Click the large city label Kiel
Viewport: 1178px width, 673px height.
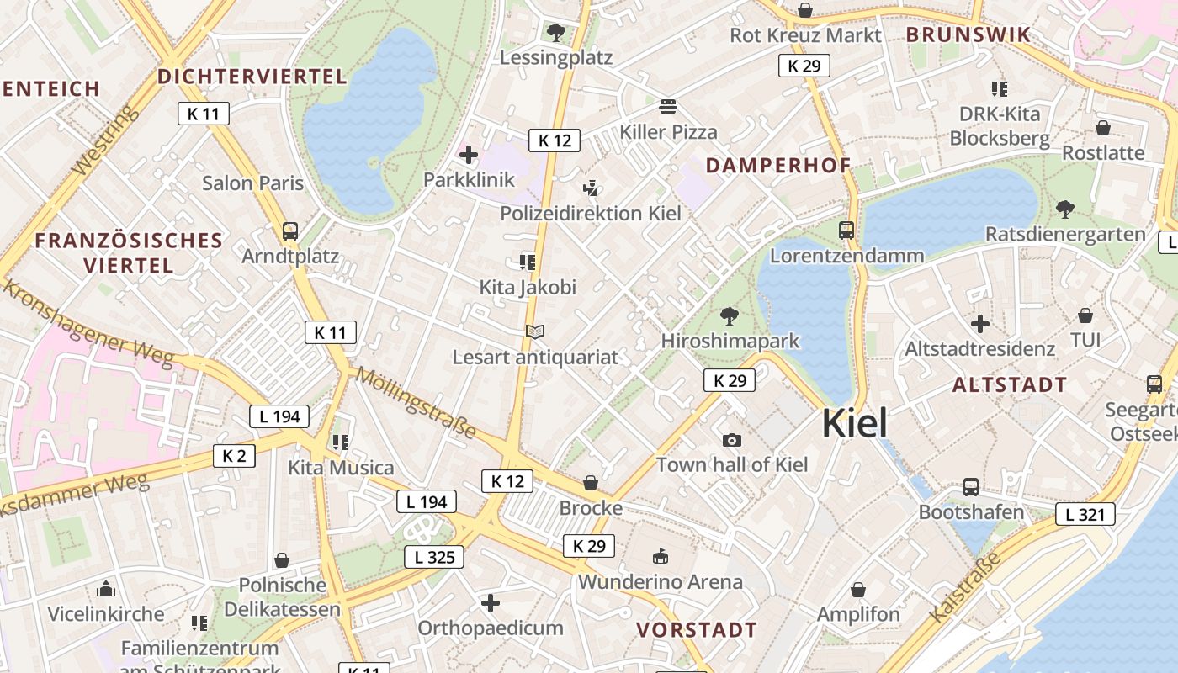click(854, 423)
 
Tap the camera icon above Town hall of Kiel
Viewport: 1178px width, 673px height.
click(732, 440)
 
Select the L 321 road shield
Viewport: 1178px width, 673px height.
click(1085, 514)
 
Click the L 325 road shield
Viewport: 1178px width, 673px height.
click(434, 556)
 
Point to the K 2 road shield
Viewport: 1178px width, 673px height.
click(234, 456)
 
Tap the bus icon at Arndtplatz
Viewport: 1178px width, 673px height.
click(290, 231)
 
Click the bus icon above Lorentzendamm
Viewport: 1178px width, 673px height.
click(846, 230)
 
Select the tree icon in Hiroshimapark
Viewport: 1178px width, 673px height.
click(730, 317)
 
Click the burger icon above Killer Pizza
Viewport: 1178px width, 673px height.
click(668, 107)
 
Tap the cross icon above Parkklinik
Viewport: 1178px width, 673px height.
click(469, 155)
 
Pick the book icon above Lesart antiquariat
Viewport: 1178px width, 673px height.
click(535, 331)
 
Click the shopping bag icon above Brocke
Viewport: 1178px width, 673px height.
click(591, 483)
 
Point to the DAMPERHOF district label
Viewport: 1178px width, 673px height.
click(778, 165)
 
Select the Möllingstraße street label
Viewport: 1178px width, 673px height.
click(416, 403)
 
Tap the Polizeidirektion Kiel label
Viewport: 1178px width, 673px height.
click(591, 213)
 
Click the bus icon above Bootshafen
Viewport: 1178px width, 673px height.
click(971, 486)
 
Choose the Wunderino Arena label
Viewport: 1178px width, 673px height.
click(661, 581)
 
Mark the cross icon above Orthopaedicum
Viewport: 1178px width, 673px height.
click(491, 603)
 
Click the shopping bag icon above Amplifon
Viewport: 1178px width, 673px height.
click(858, 590)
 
